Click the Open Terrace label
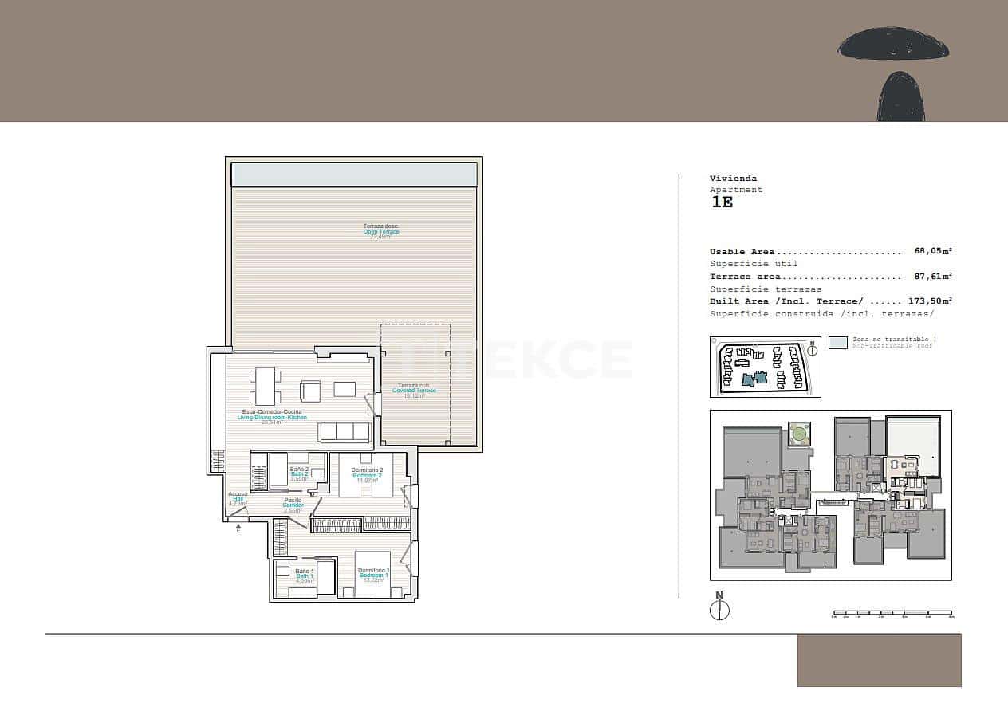coord(381,232)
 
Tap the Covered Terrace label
coord(414,391)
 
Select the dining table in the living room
coord(265,385)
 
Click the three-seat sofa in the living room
coord(345,431)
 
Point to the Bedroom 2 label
coord(368,475)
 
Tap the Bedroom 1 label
coord(373,575)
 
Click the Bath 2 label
coord(299,473)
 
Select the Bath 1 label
coord(305,576)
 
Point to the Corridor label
coord(293,505)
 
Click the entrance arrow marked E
coord(238,528)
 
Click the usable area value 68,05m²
coord(933,252)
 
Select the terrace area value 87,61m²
coord(933,277)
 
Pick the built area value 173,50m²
coord(930,301)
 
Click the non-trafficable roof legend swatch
coord(837,343)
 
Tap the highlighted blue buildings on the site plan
coord(753,379)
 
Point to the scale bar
coord(892,613)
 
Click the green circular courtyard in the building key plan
coord(798,435)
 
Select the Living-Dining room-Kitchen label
coord(272,417)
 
